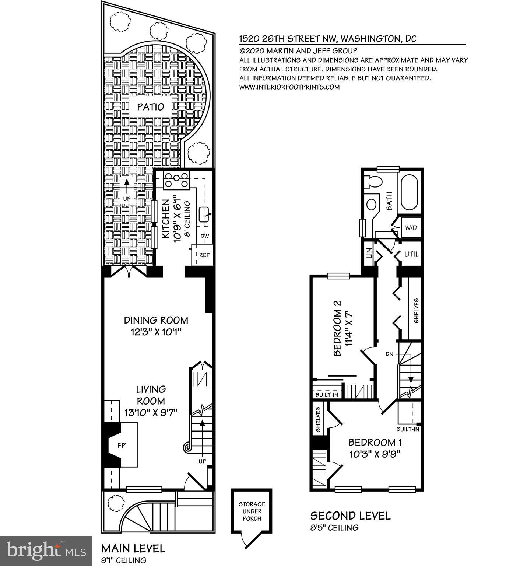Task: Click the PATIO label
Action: click(x=150, y=107)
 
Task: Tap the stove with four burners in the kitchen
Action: click(x=176, y=180)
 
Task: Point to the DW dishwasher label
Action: click(x=205, y=236)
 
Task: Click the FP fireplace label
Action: click(x=121, y=446)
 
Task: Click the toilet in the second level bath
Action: click(x=376, y=182)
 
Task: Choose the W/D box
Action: click(x=411, y=228)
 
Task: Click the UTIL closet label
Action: click(x=411, y=254)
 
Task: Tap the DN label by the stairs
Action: click(x=390, y=354)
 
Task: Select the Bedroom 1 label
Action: click(x=375, y=442)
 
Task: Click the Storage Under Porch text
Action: click(x=252, y=511)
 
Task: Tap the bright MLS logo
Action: click(x=46, y=551)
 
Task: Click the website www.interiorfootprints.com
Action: click(x=289, y=87)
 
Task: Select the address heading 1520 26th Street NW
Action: click(x=328, y=39)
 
